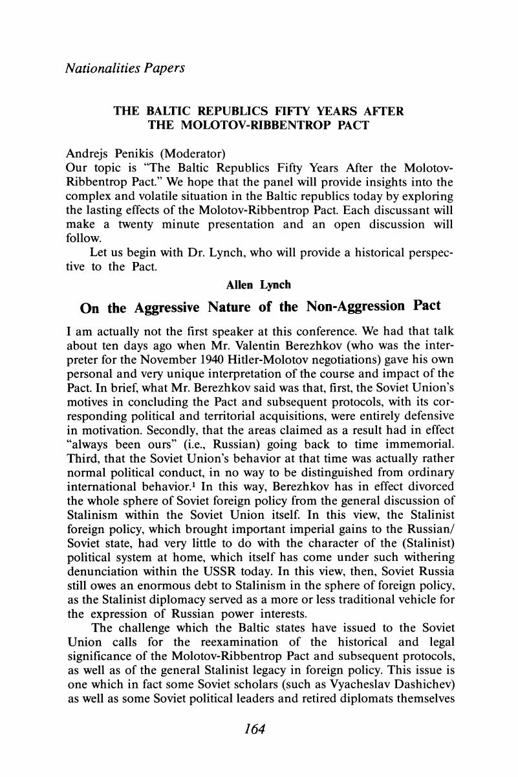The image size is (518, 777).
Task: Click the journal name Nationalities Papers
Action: [125, 67]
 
